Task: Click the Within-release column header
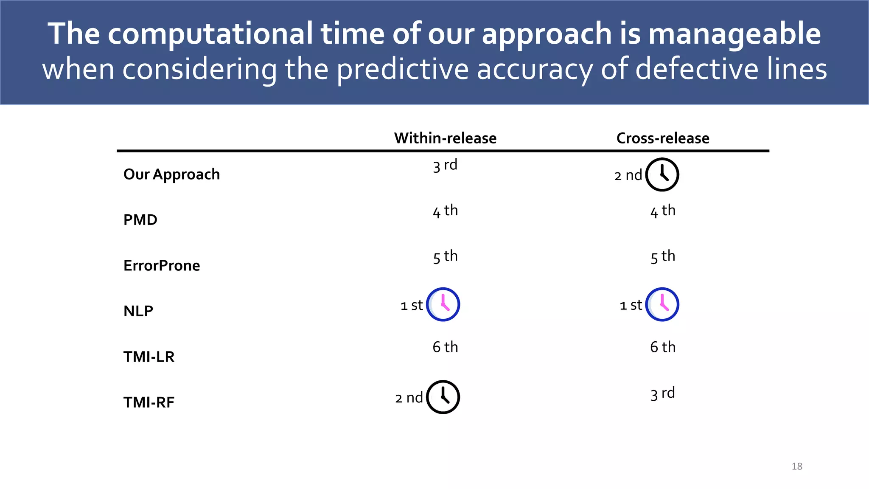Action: (x=445, y=138)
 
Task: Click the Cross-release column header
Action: (x=662, y=138)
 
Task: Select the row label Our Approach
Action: (x=171, y=174)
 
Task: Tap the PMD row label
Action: (x=140, y=220)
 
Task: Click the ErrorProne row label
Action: (x=162, y=266)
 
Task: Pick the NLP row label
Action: (x=138, y=311)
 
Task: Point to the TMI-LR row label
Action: (x=149, y=357)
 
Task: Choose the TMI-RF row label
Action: (x=149, y=402)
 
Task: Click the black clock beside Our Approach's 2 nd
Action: (x=662, y=174)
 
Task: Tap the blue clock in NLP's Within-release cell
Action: (x=443, y=304)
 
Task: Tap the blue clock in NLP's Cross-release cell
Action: (x=662, y=304)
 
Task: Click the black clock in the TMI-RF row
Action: (x=443, y=397)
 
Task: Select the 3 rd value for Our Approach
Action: (x=445, y=165)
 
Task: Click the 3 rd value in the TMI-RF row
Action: (x=662, y=393)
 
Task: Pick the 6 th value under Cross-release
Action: (x=662, y=347)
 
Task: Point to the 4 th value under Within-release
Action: (x=445, y=211)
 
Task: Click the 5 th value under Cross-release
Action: (x=662, y=256)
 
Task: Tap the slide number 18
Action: (x=796, y=466)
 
